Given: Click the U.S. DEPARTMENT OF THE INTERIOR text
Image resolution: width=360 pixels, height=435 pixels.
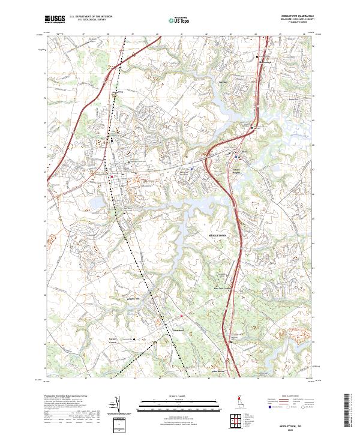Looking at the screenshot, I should (91, 17).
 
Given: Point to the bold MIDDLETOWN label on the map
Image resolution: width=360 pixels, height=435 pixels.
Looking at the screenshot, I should (218, 236).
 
